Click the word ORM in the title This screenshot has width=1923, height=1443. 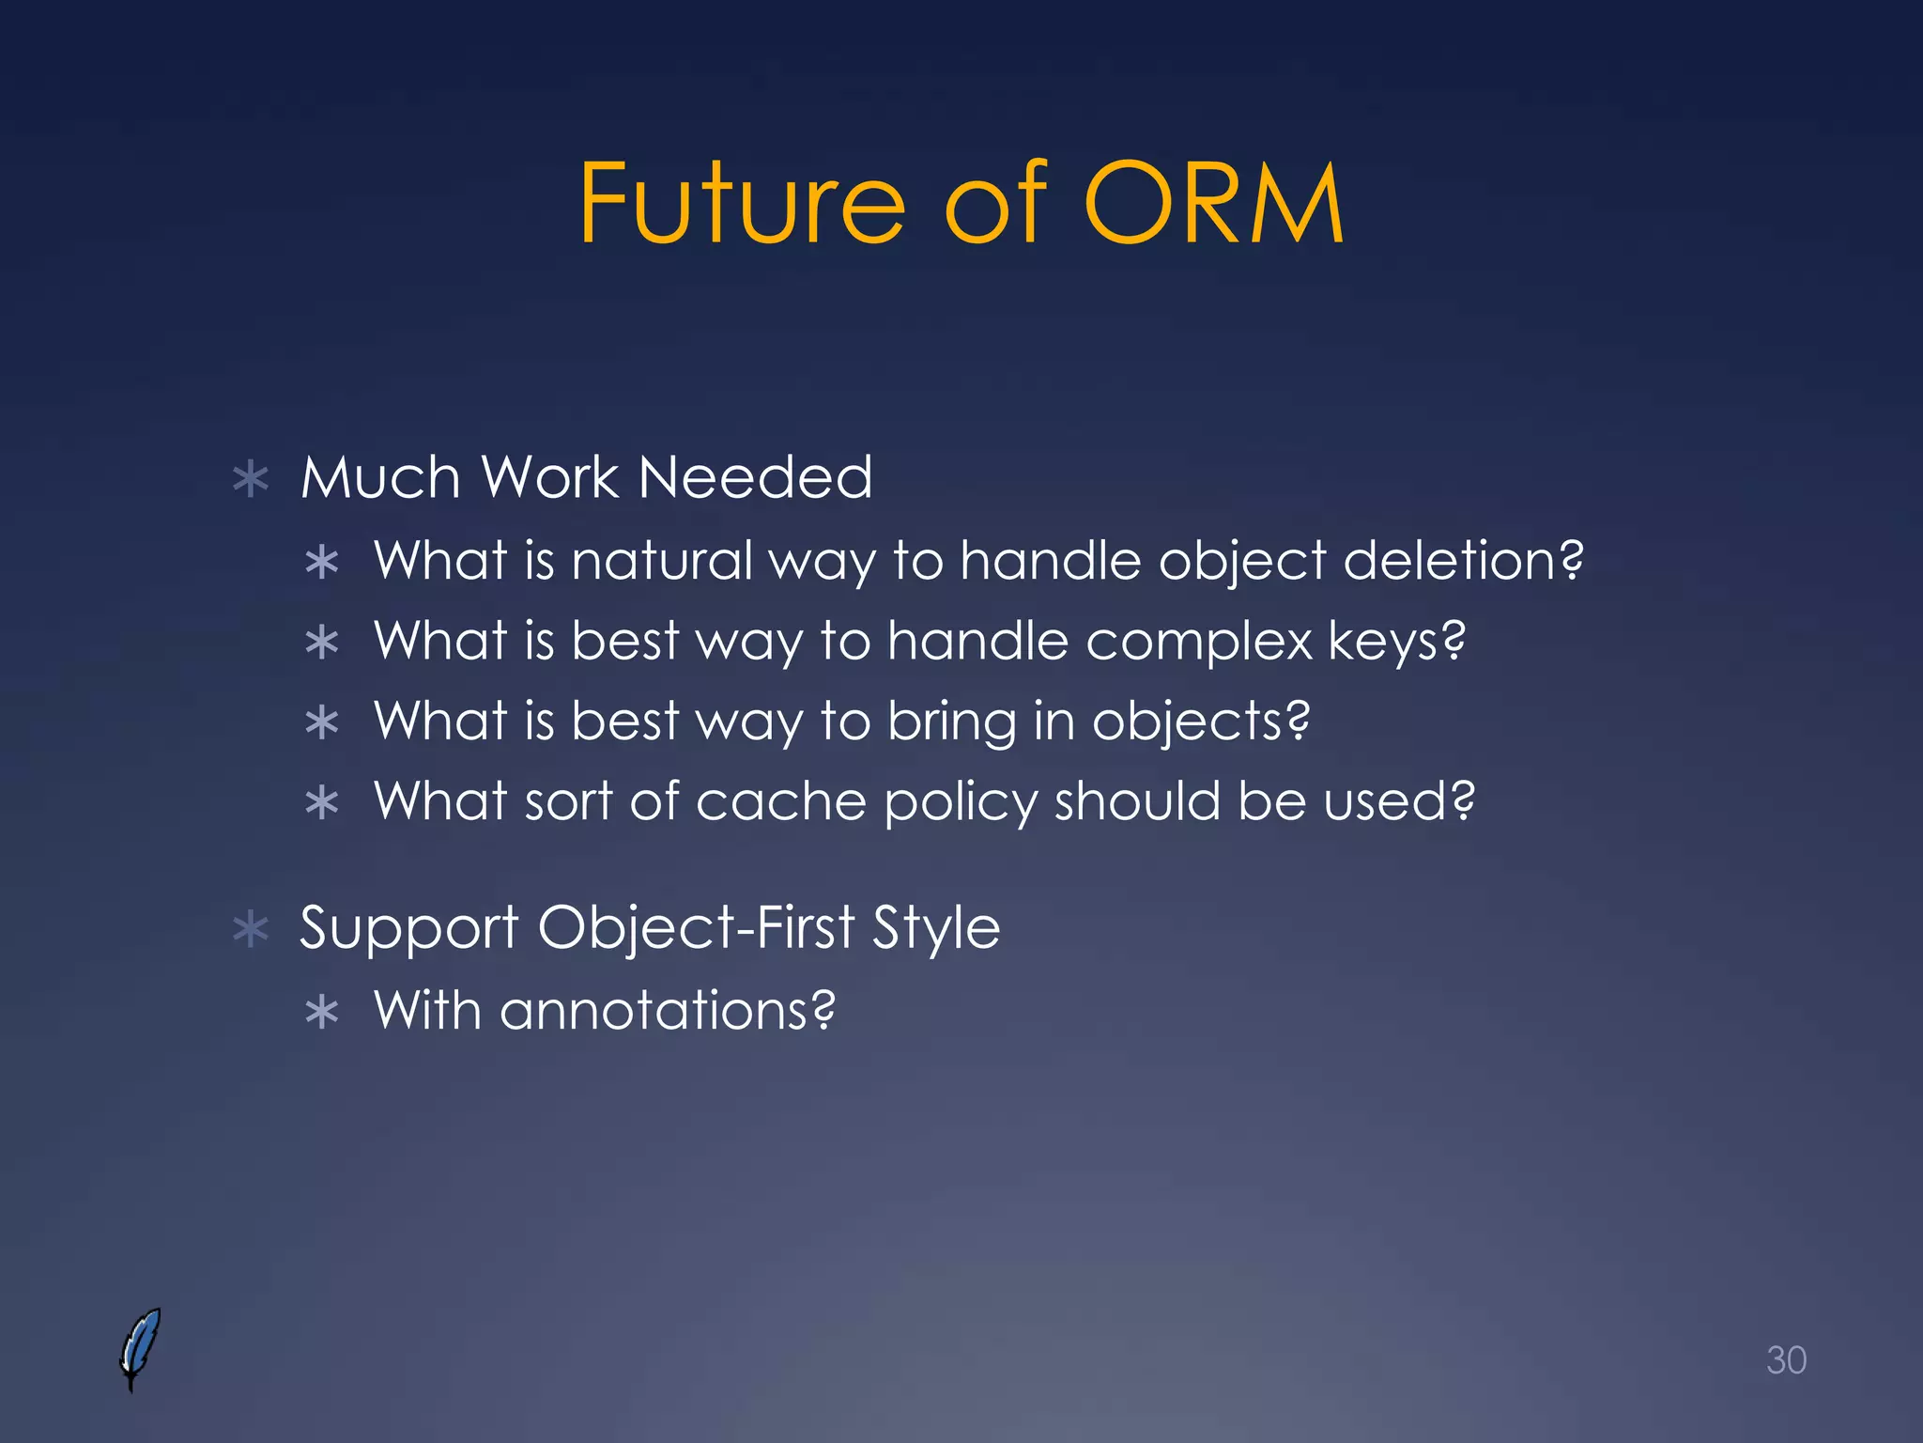(x=1213, y=203)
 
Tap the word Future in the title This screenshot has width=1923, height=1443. (x=742, y=203)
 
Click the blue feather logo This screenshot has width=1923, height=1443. (x=141, y=1348)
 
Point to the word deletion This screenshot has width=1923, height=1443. (x=1463, y=561)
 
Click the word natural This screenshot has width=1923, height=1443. (x=663, y=561)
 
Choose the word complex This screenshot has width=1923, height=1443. (x=1198, y=642)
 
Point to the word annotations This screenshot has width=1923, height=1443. (x=667, y=1011)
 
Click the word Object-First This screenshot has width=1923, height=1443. (x=696, y=929)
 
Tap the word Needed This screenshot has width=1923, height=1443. (x=755, y=477)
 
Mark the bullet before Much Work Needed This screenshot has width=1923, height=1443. (x=251, y=480)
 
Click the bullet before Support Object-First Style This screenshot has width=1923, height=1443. (x=251, y=930)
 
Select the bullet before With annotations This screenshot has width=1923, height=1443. (x=322, y=1013)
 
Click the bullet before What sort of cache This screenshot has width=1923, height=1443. (x=322, y=803)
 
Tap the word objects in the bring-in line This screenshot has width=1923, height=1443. (x=1200, y=722)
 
